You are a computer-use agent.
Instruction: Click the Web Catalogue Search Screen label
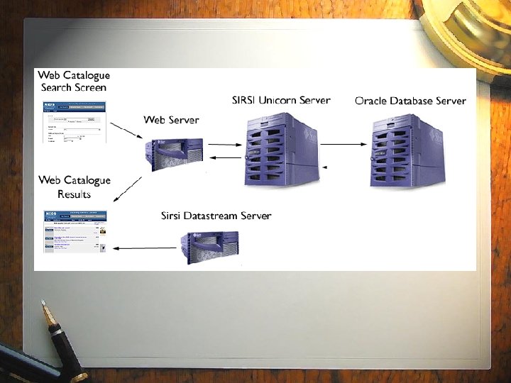pos(74,81)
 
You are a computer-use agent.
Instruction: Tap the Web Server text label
pos(171,120)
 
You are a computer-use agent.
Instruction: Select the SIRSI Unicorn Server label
pos(281,100)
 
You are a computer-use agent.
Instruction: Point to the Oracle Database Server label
pos(410,101)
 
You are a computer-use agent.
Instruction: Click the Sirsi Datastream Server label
pos(216,216)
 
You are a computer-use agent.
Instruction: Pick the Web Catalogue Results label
pos(75,187)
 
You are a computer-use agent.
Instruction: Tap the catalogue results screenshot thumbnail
pos(75,231)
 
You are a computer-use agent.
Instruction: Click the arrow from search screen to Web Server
pos(126,132)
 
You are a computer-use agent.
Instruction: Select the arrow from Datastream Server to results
pos(145,248)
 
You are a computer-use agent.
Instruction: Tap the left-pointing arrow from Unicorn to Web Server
pos(226,157)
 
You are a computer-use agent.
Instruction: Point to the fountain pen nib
pos(48,312)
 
